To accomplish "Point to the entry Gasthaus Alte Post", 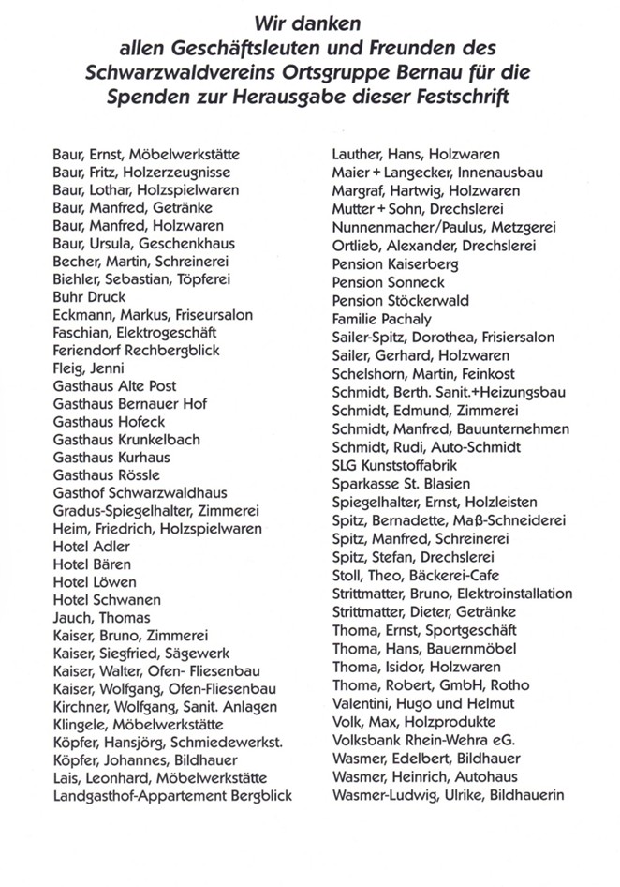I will click(115, 386).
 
